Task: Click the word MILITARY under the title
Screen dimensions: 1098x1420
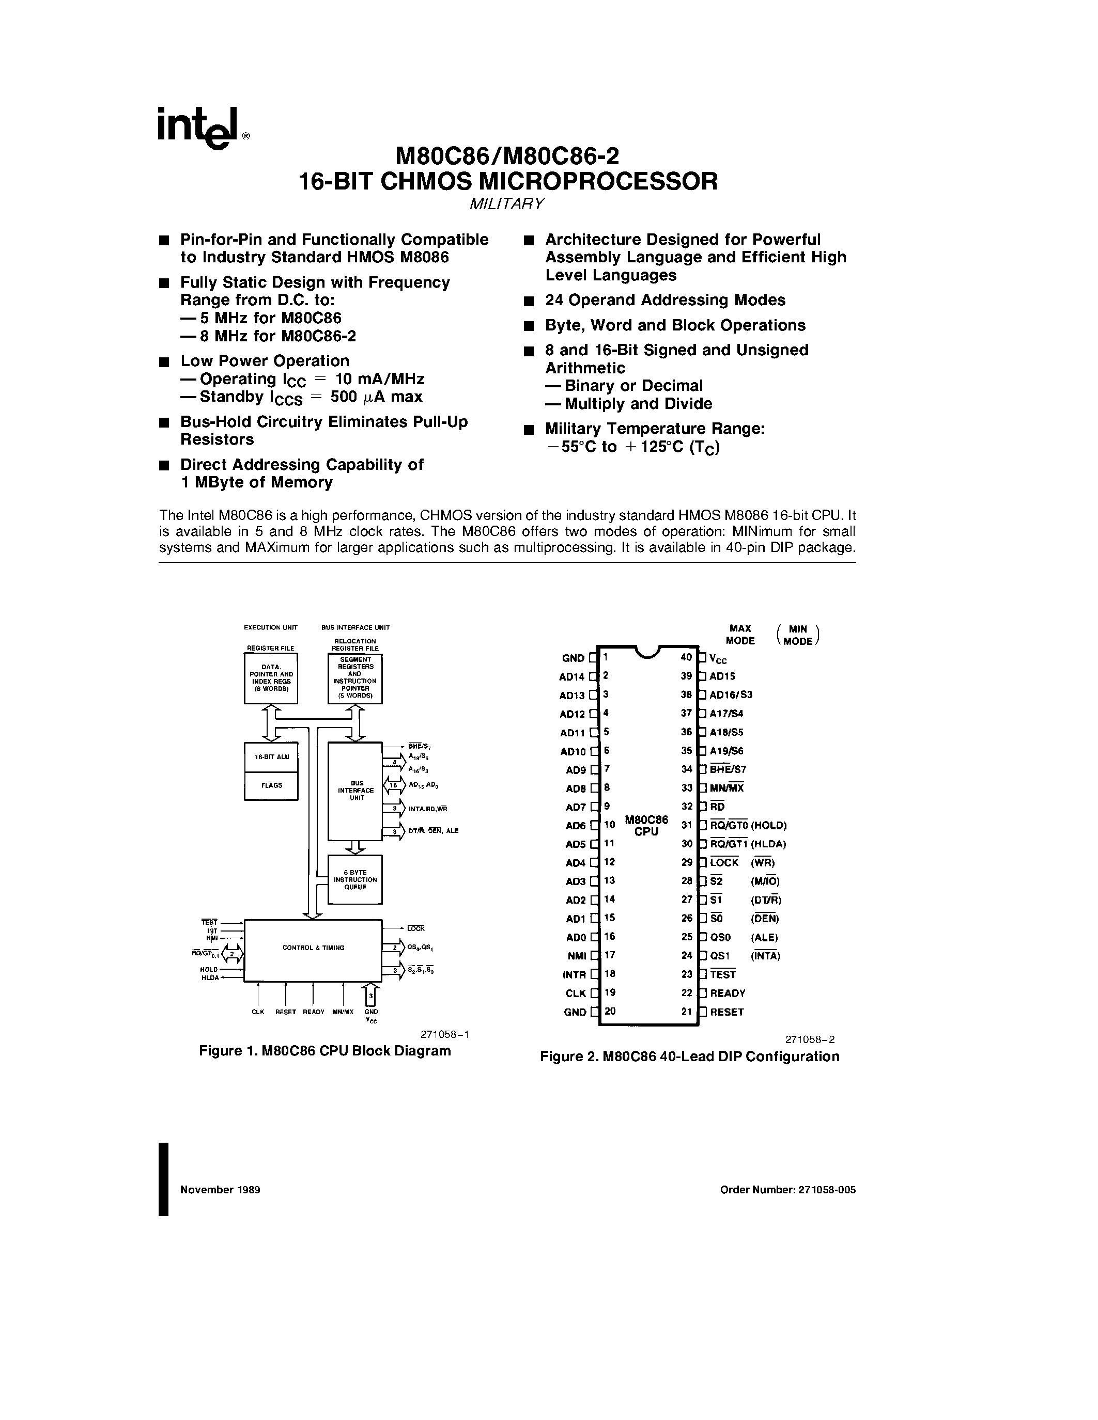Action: tap(507, 203)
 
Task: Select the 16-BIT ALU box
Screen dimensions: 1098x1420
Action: tap(271, 757)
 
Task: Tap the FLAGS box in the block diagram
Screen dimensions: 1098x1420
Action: tap(271, 785)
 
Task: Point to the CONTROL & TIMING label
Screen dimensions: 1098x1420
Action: tap(313, 948)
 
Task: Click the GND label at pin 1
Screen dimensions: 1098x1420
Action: tap(573, 658)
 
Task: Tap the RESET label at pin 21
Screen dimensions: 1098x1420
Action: tap(727, 1012)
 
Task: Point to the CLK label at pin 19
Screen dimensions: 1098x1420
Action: tap(576, 993)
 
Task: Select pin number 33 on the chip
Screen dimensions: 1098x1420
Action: tap(687, 787)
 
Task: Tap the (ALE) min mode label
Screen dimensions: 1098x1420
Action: tap(764, 938)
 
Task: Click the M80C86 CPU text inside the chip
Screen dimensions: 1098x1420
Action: tap(646, 826)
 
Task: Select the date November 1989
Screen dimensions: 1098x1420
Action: tap(220, 1190)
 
